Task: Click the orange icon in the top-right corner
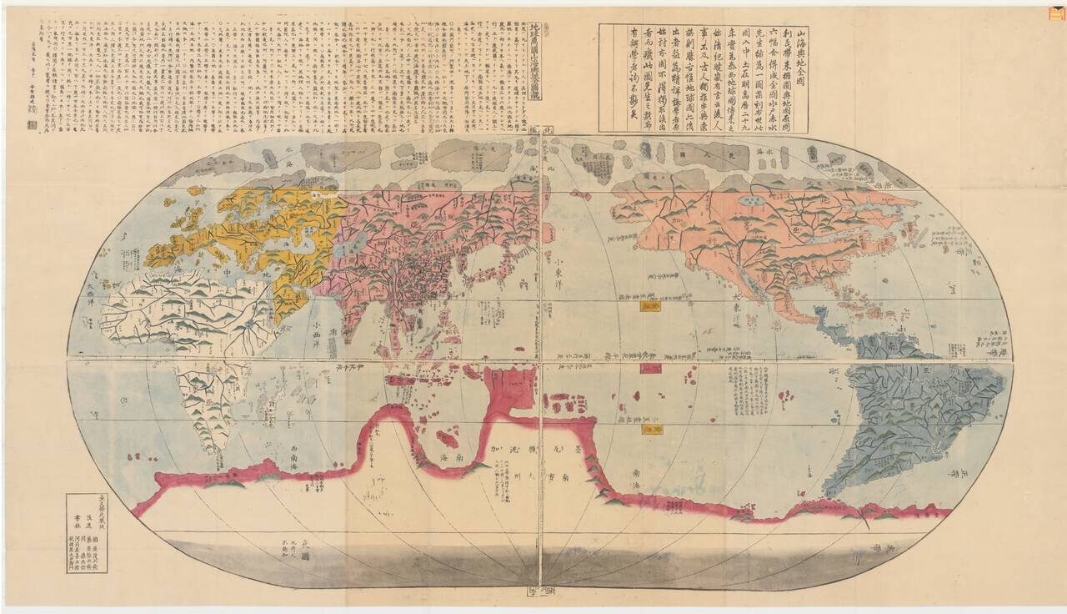1052,12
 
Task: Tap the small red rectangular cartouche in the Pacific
650,368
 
